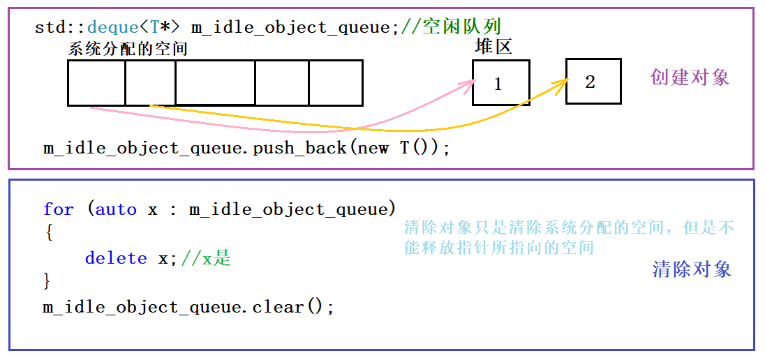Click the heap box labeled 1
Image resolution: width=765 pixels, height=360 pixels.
(500, 83)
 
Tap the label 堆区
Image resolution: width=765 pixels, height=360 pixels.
(493, 47)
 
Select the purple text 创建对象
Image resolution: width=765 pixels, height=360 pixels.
(690, 77)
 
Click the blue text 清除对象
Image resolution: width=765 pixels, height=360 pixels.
(692, 269)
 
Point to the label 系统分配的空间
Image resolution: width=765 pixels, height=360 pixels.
(128, 49)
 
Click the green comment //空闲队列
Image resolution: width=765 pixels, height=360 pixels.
(452, 27)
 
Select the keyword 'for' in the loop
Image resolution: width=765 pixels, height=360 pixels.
(58, 209)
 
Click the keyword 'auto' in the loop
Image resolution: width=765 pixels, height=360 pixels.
(116, 209)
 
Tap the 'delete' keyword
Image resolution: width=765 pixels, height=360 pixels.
(116, 258)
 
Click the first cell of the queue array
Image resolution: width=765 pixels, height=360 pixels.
(96, 83)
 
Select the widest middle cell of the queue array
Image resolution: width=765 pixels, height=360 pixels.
(215, 83)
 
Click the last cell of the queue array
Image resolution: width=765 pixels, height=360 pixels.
(336, 83)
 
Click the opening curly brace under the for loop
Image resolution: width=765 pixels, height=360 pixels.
(47, 234)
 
